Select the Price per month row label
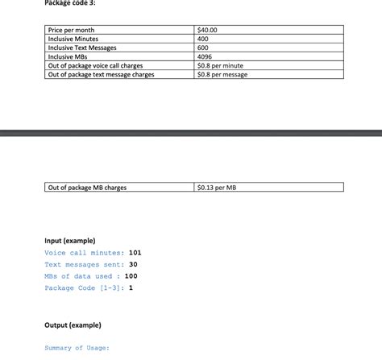72,31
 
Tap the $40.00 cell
208,31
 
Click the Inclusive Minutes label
73,39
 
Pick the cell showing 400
203,39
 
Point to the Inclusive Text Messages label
82,48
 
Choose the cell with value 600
203,48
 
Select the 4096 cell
205,56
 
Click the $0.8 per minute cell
220,65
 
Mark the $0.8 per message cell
222,74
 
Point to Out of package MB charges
87,188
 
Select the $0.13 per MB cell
217,188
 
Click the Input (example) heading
70,241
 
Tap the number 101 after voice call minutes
135,253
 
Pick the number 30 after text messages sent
134,264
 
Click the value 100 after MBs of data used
131,276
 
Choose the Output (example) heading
73,325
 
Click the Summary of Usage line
77,348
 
